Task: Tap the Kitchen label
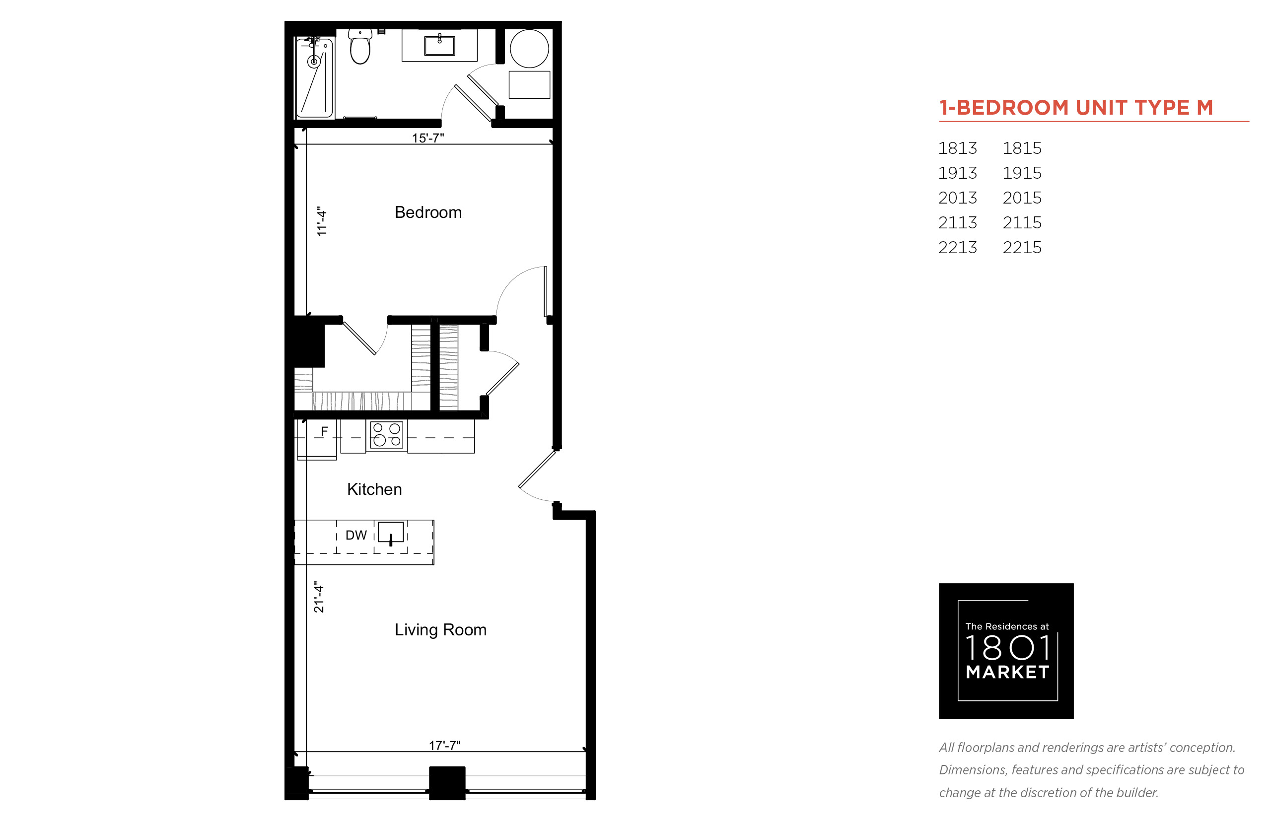pos(374,489)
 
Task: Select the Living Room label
pos(440,629)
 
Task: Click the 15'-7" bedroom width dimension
pos(427,137)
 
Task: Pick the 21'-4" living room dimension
pos(319,597)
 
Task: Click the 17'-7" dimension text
pos(445,745)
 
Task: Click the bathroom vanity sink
pos(439,45)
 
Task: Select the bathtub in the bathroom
pos(315,77)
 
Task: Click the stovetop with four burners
pos(387,434)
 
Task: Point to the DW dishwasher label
pos(356,535)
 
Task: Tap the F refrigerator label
pos(324,431)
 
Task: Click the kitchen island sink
pos(390,533)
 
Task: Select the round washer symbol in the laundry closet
pos(529,49)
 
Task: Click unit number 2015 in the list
pos(1022,198)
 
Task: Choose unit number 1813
pos(958,148)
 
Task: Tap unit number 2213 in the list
pos(958,247)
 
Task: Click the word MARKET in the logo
pos(1007,672)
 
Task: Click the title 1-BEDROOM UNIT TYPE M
pos(1076,108)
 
